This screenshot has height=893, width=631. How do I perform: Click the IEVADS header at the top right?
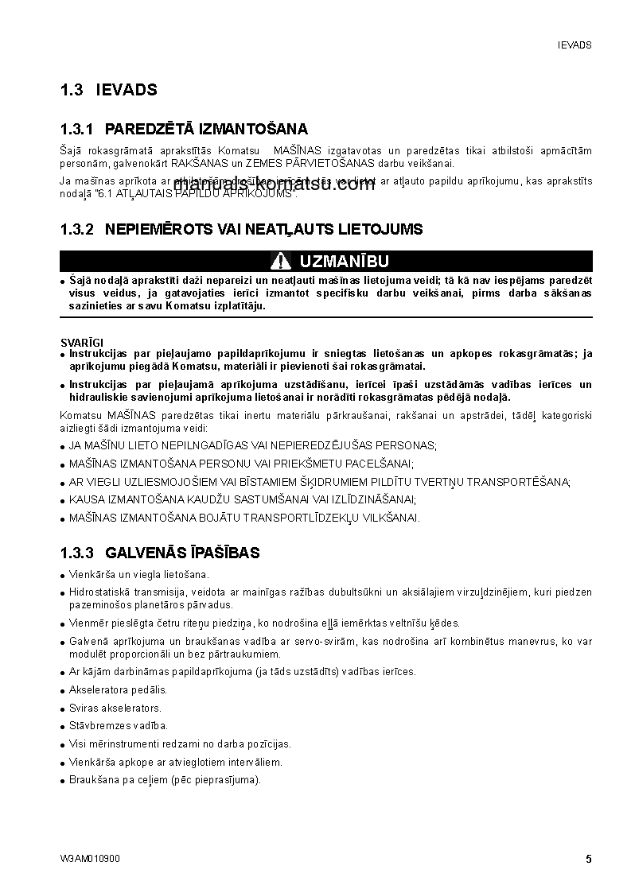point(575,45)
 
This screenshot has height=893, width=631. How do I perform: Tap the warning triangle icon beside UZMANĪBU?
point(280,261)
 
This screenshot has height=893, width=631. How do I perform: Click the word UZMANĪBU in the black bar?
point(344,261)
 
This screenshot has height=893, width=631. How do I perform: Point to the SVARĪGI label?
point(81,342)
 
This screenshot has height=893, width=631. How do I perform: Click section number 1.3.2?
point(77,230)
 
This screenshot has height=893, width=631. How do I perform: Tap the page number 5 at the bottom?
point(589,859)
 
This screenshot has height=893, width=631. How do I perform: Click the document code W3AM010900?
point(90,859)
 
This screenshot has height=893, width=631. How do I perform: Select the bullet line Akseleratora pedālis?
point(119,689)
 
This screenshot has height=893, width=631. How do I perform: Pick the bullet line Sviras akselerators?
point(115,708)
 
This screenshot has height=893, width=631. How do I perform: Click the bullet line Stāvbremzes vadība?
point(119,726)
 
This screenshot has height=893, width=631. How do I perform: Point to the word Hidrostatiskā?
point(99,592)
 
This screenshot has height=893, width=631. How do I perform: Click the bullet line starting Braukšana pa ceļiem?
point(165,780)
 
